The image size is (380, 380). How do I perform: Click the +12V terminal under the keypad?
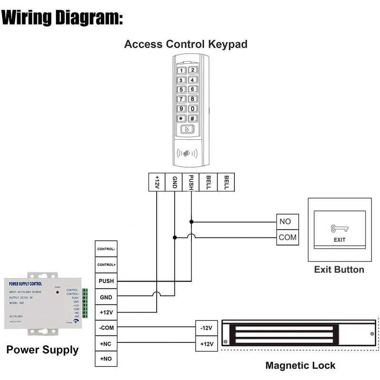pos(157,182)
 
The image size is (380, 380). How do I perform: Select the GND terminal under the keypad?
pos(174,182)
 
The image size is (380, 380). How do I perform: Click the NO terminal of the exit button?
pos(287,221)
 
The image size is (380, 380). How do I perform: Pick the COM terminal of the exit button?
pos(287,237)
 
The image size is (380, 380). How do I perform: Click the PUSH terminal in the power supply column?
pos(106,281)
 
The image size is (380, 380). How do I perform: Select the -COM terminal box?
pos(106,328)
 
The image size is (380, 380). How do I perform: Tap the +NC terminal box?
pos(106,343)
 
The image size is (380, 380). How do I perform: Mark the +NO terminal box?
pos(106,359)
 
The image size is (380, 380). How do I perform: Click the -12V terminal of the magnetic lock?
pos(206,328)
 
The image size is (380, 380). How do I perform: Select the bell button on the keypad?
pos(187,129)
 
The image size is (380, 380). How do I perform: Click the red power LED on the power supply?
pos(57,291)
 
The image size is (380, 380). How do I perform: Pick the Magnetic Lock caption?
pos(300,366)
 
